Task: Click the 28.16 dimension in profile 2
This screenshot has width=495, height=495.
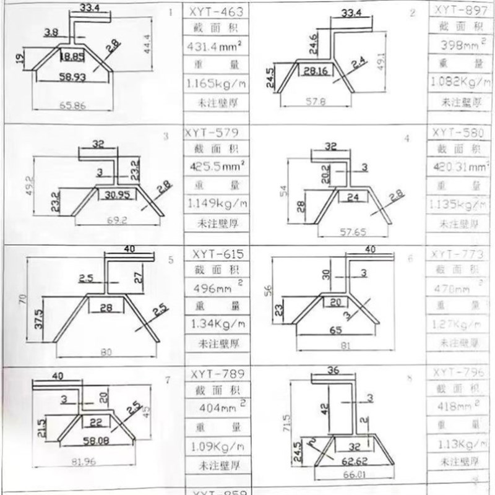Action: click(315, 72)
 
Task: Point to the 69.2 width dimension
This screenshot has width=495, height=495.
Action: click(113, 220)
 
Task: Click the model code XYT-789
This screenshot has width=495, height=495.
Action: click(214, 374)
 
